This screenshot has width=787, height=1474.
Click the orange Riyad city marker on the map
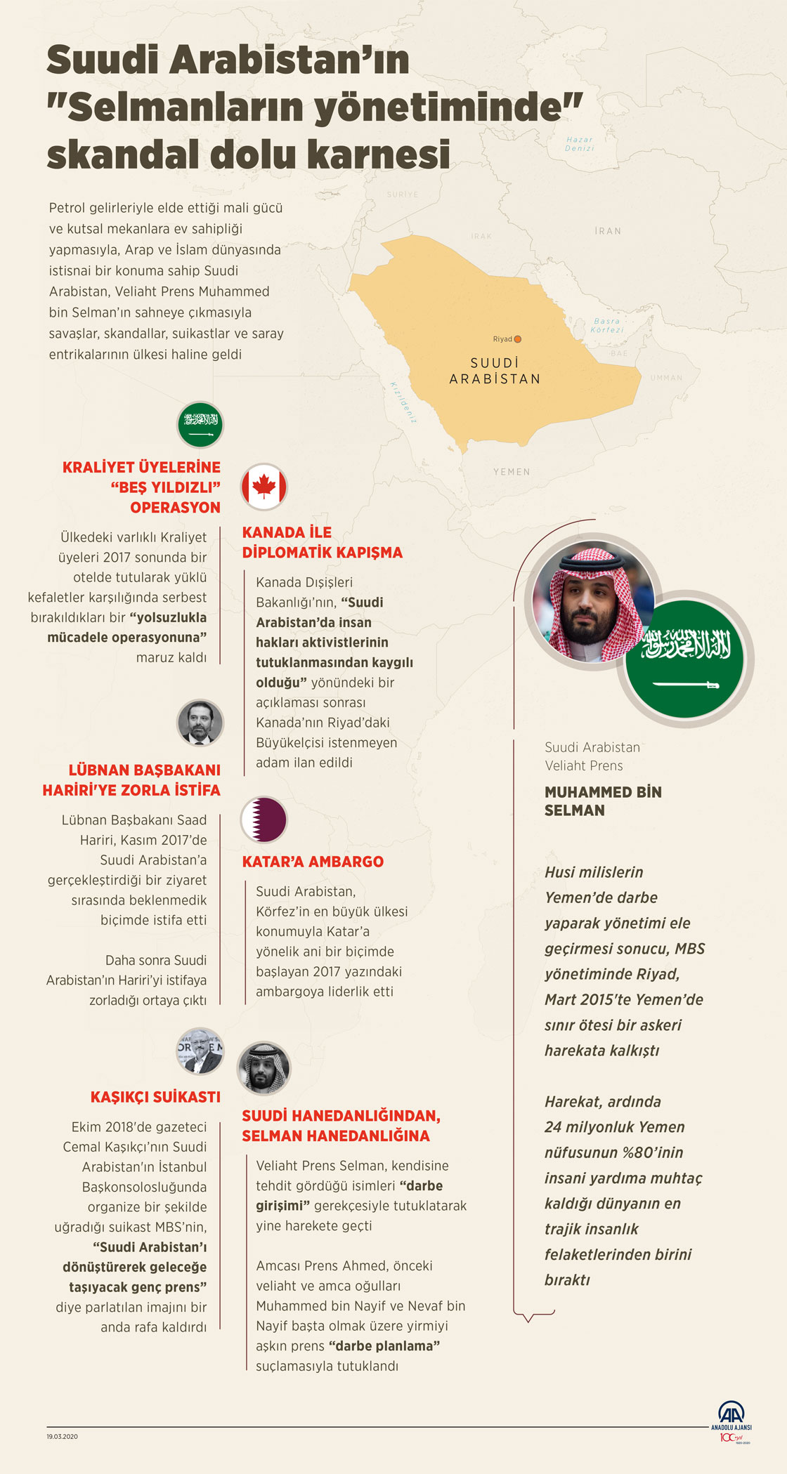coord(518,339)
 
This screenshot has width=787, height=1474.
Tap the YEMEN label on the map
coord(512,472)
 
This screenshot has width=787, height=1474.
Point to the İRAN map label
coord(608,231)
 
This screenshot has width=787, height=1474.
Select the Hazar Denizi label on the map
coord(580,144)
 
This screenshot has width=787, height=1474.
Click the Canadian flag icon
coord(264,486)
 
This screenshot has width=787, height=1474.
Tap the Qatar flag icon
coord(264,820)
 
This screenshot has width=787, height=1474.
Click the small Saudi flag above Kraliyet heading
coord(200,425)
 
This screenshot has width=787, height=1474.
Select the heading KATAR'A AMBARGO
coord(313,862)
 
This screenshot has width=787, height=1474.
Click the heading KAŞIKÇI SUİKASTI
coord(155,1097)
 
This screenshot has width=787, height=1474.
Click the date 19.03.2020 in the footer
coord(63,1436)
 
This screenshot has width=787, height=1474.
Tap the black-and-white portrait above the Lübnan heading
coord(200,723)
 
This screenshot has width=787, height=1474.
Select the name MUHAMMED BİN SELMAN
coord(603,801)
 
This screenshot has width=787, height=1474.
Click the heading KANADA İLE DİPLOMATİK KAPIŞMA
coord(322,542)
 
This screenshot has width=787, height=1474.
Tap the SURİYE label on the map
coord(402,195)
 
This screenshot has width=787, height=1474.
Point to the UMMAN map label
coord(666,378)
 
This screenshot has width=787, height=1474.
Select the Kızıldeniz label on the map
coord(403,402)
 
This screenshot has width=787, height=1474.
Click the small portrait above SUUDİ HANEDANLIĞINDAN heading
coord(264,1068)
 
